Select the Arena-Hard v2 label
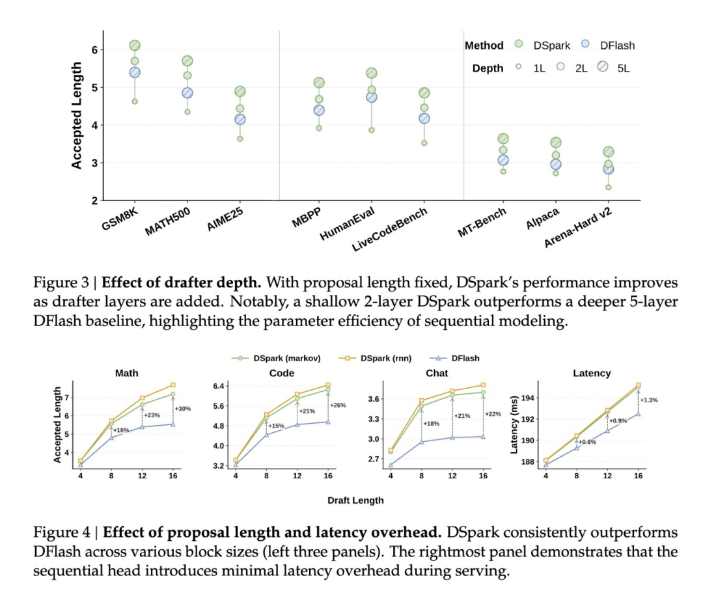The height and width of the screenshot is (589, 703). [x=578, y=228]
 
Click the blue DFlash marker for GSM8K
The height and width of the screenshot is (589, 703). [x=135, y=72]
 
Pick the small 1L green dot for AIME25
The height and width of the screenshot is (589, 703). [x=240, y=139]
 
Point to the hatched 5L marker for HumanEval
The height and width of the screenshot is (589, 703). [x=371, y=73]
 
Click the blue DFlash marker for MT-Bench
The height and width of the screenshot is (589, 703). [x=503, y=160]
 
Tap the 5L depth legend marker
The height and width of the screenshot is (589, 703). [x=603, y=66]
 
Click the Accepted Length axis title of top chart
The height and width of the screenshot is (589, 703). [x=77, y=115]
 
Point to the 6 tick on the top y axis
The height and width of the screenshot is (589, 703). [x=94, y=49]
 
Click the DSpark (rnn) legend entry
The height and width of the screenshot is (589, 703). [x=375, y=358]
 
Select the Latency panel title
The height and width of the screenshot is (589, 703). [x=592, y=373]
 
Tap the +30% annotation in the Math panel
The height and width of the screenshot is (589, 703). [x=182, y=409]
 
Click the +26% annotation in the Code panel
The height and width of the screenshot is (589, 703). [x=338, y=405]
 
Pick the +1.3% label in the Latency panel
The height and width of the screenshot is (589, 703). [x=649, y=400]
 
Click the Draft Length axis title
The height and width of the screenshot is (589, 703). [x=355, y=500]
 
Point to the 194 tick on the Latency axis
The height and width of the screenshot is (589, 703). [x=527, y=398]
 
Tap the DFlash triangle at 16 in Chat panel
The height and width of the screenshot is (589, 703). [x=483, y=436]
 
